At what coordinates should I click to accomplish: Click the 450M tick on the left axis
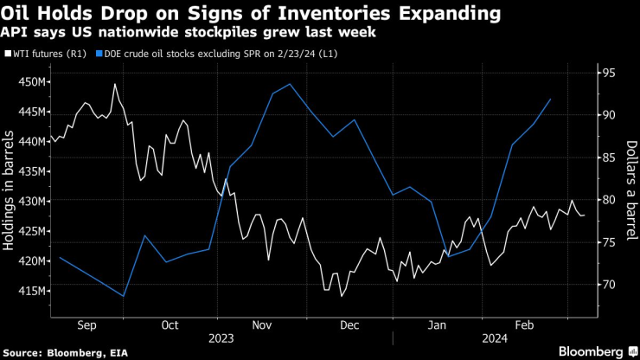point(32,81)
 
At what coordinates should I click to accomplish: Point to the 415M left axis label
point(32,291)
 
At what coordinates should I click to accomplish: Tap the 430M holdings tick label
point(32,201)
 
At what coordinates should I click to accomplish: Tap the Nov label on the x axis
point(261,325)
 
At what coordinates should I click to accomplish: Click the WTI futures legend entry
point(48,54)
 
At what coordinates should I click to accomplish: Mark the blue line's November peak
point(289,84)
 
